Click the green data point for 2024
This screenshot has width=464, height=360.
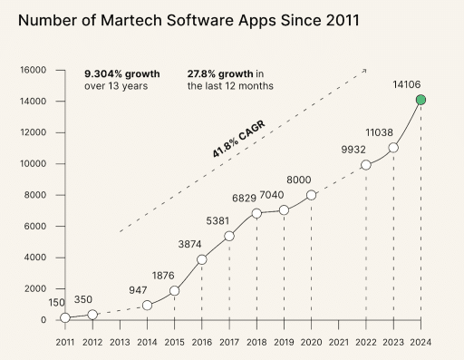click(420, 100)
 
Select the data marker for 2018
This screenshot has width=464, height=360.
click(256, 213)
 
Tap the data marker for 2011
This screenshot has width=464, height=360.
click(64, 317)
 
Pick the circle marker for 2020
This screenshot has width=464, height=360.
click(311, 195)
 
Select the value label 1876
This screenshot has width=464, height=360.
click(164, 277)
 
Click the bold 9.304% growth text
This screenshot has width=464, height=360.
click(122, 73)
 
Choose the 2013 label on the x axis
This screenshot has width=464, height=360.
click(120, 342)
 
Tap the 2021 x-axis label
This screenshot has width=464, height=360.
click(338, 342)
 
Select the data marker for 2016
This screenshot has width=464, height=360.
click(201, 259)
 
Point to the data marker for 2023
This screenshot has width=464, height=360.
click(393, 148)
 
